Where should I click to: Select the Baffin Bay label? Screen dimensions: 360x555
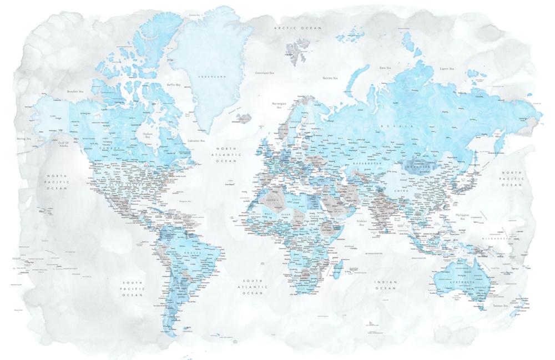pos(174,85)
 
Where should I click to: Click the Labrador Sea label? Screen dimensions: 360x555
pos(196,141)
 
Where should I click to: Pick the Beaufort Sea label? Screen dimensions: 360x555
pos(74,91)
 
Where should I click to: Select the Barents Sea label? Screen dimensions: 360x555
pos(331,78)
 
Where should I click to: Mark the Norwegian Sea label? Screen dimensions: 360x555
pos(279,105)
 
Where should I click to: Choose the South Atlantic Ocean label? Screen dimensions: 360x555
pos(252,286)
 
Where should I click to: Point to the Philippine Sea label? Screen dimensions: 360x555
pos(462,216)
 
